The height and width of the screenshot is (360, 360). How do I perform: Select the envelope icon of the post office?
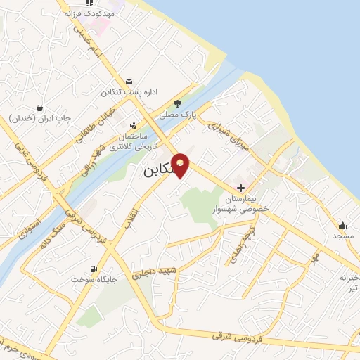pyautogui.click(x=129, y=82)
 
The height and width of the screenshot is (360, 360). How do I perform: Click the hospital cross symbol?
pyautogui.click(x=241, y=188)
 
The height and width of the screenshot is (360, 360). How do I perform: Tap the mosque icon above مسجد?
pyautogui.click(x=342, y=226)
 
